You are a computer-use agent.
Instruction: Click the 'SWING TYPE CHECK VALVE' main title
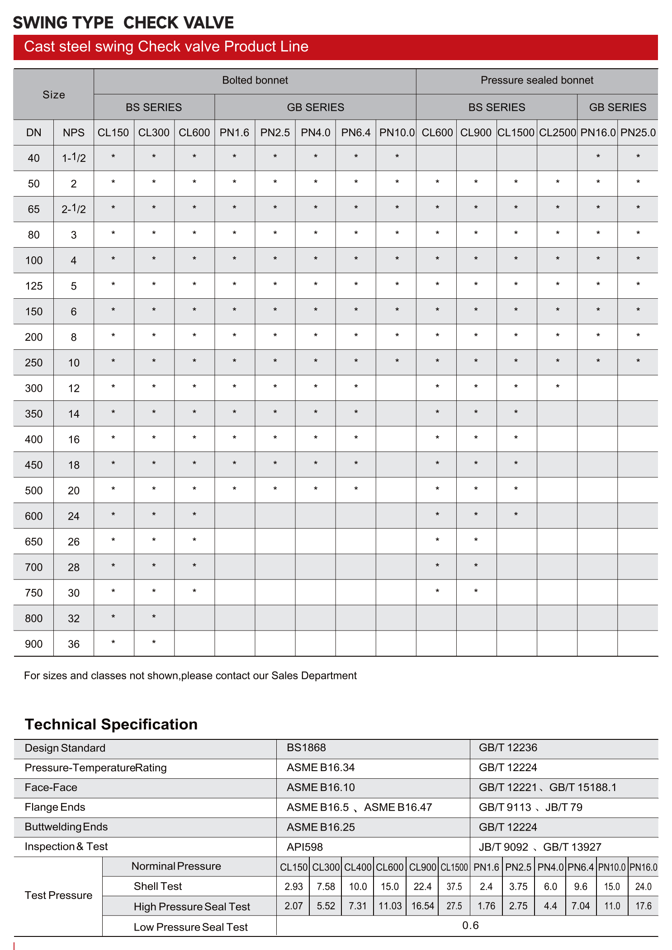point(123,23)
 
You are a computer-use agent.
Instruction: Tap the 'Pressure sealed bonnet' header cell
point(537,80)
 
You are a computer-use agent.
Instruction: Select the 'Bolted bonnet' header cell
point(255,80)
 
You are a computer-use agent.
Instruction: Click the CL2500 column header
point(557,133)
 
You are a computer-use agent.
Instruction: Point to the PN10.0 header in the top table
point(397,133)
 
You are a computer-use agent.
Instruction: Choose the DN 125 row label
point(34,286)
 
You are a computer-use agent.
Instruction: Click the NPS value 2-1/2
point(74,209)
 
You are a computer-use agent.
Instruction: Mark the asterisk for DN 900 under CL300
point(154,642)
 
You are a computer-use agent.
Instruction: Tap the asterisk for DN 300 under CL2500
point(557,387)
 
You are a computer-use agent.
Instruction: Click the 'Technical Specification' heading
point(111,724)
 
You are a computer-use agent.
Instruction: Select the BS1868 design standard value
point(306,748)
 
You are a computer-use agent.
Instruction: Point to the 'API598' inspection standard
point(305,847)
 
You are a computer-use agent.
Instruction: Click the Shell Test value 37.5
point(454,887)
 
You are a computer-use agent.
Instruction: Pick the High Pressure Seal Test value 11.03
point(390,906)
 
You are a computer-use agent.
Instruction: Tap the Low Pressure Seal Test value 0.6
point(470,926)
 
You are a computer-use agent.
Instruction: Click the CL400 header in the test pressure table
point(358,867)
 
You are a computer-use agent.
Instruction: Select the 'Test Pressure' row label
point(58,895)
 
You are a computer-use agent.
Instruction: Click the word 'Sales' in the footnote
point(284,676)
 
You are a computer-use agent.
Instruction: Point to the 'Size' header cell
point(54,95)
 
